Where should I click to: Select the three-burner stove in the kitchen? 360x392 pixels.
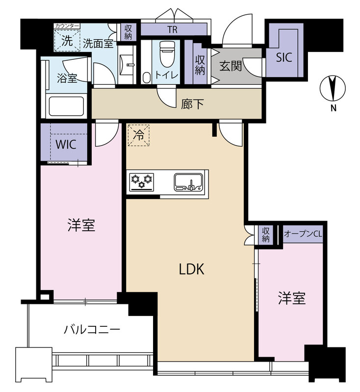tap(142, 182)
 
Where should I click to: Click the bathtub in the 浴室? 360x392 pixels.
tap(66, 106)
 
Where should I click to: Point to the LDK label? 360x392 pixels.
tap(192, 269)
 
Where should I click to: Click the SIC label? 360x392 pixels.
tap(284, 57)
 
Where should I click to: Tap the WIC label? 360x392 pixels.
tap(66, 145)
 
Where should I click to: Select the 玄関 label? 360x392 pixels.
tap(231, 66)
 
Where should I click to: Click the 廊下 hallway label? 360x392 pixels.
tap(192, 104)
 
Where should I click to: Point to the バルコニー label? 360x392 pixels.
tap(92, 330)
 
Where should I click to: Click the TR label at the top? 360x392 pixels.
tap(172, 30)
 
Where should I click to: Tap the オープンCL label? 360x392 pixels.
tap(303, 234)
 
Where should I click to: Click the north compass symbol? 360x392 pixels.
tap(333, 88)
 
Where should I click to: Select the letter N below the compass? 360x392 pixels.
tap(333, 108)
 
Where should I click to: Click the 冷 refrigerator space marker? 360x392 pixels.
tap(139, 135)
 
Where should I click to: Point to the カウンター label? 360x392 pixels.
tap(67, 26)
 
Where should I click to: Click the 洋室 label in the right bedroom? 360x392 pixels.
tap(292, 298)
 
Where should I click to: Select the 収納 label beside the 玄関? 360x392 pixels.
tap(200, 65)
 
